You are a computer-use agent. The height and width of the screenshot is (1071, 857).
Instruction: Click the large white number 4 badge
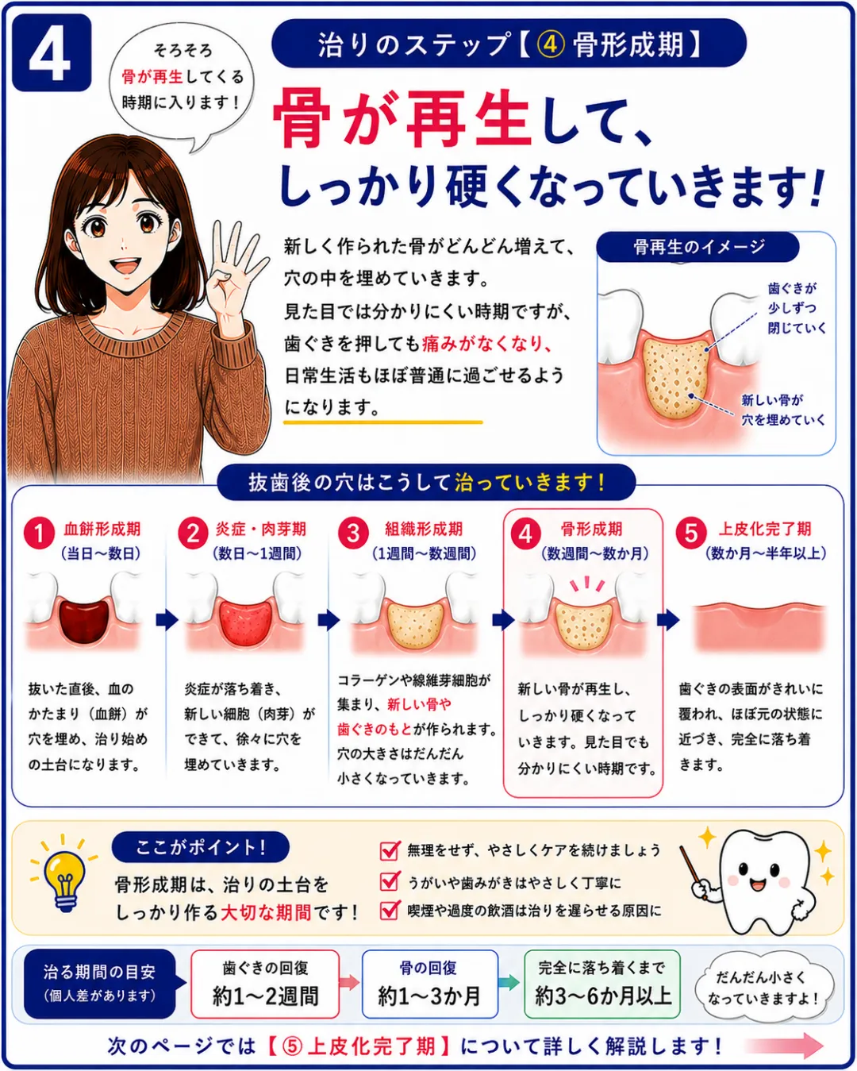[x=52, y=52]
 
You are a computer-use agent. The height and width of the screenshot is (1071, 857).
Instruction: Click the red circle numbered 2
[x=193, y=534]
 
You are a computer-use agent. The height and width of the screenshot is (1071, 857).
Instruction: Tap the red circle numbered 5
[x=691, y=534]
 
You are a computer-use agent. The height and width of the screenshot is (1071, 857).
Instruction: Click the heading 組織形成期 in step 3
[x=423, y=529]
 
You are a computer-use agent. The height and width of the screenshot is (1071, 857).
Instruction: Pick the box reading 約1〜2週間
[x=265, y=984]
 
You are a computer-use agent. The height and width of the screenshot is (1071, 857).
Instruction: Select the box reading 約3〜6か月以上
[x=601, y=984]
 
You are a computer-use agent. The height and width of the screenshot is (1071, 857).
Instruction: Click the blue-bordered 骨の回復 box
[x=430, y=984]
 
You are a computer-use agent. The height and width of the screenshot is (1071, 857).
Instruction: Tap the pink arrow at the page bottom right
[x=784, y=1045]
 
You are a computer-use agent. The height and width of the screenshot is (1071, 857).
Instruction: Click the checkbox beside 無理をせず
[x=389, y=850]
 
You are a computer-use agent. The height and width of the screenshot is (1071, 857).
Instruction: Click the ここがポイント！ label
[x=201, y=846]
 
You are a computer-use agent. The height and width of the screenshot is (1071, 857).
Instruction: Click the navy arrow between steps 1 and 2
[x=167, y=620]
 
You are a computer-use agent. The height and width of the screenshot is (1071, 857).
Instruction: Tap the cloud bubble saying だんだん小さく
[x=763, y=988]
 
